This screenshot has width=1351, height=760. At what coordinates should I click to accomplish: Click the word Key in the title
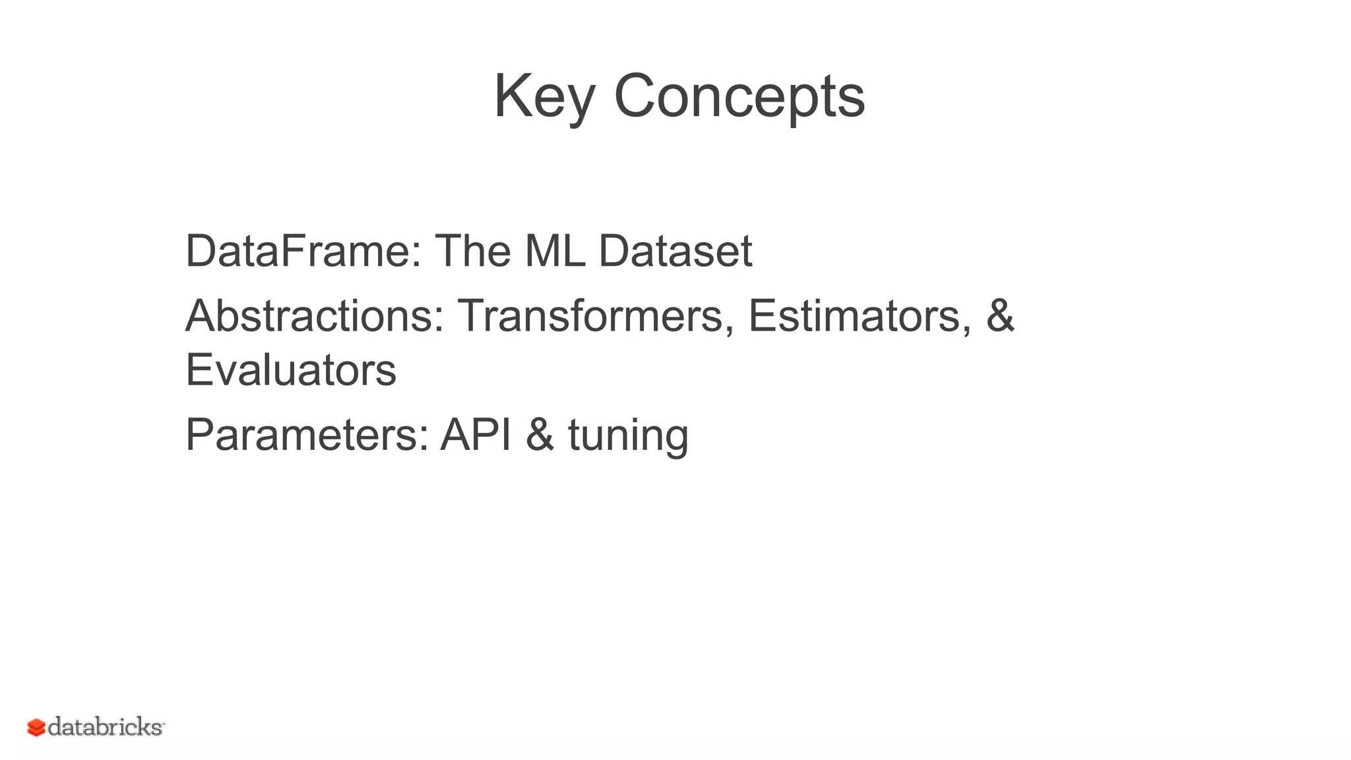[544, 96]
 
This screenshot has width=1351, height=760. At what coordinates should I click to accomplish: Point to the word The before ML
[473, 251]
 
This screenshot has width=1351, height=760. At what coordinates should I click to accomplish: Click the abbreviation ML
[555, 251]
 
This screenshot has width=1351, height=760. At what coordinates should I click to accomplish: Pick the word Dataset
[675, 251]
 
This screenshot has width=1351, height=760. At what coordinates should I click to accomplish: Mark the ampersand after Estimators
[1000, 316]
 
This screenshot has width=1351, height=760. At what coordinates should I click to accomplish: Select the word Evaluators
[291, 370]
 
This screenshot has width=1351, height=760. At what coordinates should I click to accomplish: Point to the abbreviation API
[476, 435]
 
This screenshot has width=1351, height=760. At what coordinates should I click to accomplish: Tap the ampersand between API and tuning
[540, 435]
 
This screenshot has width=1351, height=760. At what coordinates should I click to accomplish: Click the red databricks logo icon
[36, 728]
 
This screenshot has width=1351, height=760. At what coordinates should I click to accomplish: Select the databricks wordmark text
[106, 727]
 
